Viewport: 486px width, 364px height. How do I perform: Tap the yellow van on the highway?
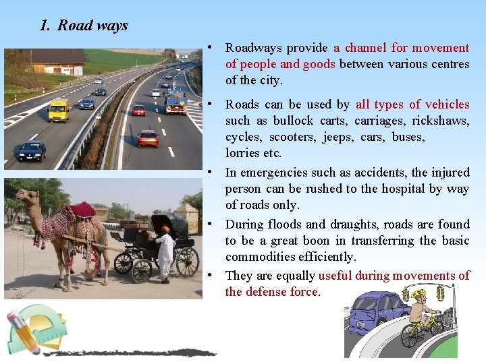59,109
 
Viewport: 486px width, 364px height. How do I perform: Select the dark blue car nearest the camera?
32,150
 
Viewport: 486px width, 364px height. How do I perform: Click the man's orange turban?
165,229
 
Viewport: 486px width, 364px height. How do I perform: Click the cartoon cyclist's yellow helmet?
419,295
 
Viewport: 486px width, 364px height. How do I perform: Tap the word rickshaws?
439,121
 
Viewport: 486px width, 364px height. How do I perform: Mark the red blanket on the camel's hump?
82,210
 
